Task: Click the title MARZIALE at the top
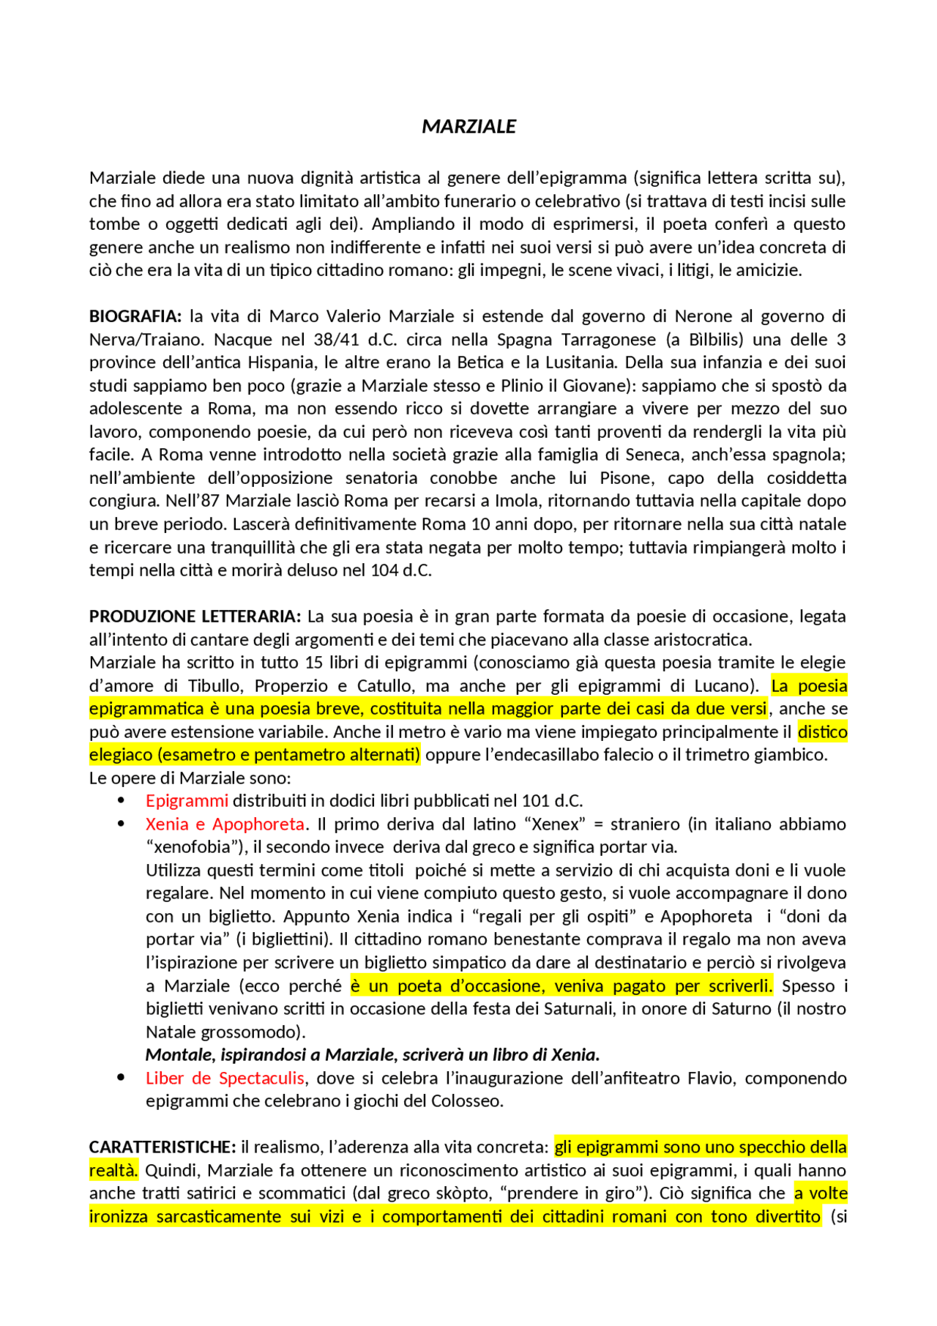pos(468,127)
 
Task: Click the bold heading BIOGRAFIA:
pos(135,316)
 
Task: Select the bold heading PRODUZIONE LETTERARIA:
pos(195,617)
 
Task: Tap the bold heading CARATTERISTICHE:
pos(163,1147)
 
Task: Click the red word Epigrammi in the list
pos(187,801)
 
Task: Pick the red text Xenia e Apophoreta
pos(225,824)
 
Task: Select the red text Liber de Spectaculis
pos(225,1079)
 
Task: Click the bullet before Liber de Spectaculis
pos(121,1078)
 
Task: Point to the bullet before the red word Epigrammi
pos(121,800)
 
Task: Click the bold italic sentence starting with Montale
pos(372,1055)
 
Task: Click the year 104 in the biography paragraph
pos(384,570)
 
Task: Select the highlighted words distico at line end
pos(822,732)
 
